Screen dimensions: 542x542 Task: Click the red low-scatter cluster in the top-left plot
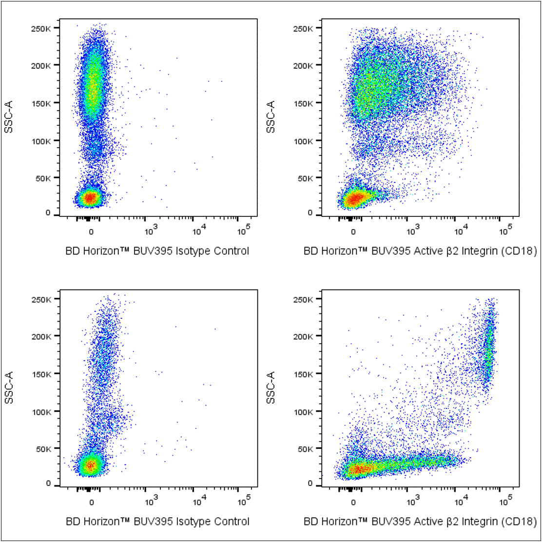point(90,198)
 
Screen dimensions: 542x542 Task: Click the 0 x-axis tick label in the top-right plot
point(353,231)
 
